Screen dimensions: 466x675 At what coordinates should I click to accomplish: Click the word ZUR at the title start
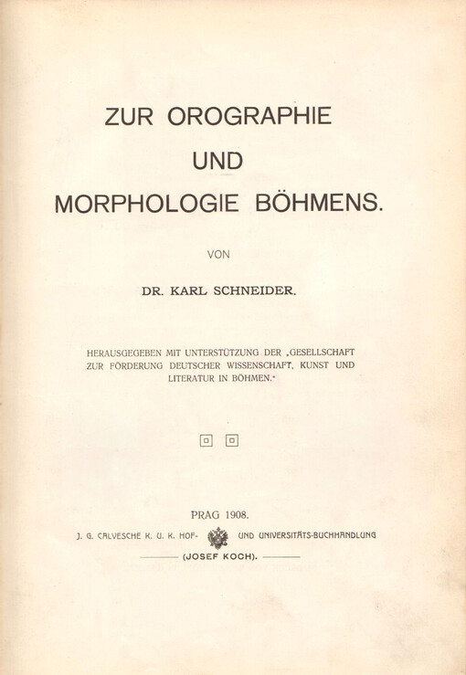point(131,120)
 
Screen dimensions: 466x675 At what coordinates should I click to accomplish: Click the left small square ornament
point(206,440)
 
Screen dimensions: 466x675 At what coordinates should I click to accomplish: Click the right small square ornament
point(231,440)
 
